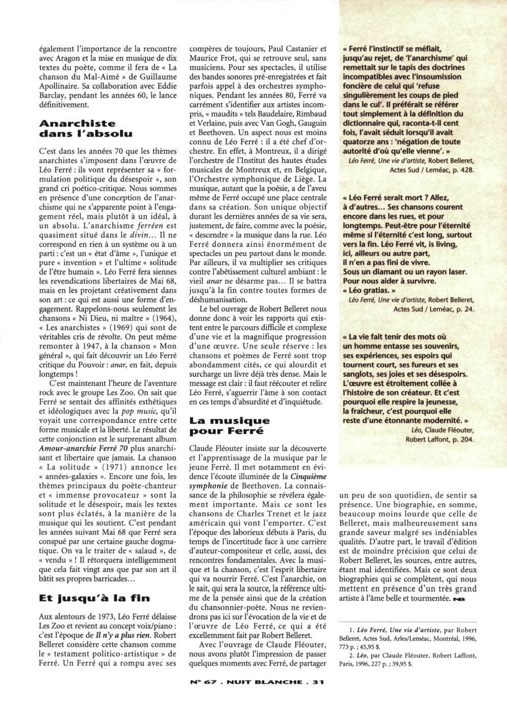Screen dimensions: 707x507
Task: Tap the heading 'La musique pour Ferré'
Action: click(x=229, y=425)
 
